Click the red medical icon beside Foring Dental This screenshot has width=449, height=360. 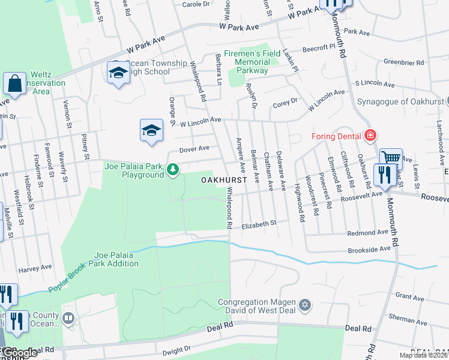370,135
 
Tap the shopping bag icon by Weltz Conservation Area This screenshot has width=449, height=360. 14,83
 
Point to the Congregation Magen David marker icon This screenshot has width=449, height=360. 304,305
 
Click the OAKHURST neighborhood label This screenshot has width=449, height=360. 224,180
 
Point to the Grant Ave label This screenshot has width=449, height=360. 409,296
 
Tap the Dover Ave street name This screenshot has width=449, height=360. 194,148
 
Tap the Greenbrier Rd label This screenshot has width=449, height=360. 404,61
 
